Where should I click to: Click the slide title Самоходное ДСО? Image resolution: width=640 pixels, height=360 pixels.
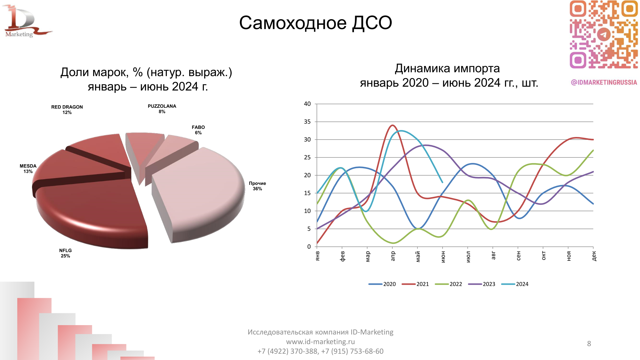coord(316,23)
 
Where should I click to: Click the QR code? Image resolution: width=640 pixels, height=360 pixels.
coord(604,34)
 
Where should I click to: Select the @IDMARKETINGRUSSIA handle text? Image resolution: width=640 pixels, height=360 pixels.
coord(604,83)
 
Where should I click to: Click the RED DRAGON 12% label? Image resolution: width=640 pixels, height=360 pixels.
coord(67,109)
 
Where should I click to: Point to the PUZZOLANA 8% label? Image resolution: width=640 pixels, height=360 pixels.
coord(162,109)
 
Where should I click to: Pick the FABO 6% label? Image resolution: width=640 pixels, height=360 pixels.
coord(198,130)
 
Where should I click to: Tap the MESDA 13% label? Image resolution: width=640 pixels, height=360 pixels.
coord(28,168)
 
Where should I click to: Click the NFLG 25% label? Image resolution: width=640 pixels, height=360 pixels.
coord(65,253)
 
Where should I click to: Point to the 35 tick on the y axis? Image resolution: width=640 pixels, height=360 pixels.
coord(307,122)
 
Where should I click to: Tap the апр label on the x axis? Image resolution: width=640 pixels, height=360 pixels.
coord(393,256)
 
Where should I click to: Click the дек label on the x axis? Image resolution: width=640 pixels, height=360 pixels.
coord(594,256)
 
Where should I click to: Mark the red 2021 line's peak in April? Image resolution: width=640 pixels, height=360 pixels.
coord(393,125)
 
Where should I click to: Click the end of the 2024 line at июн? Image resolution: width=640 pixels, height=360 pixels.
coord(442,182)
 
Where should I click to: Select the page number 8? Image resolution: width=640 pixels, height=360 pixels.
coord(589,344)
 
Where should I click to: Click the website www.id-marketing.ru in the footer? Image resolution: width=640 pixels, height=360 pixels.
coord(320,342)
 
